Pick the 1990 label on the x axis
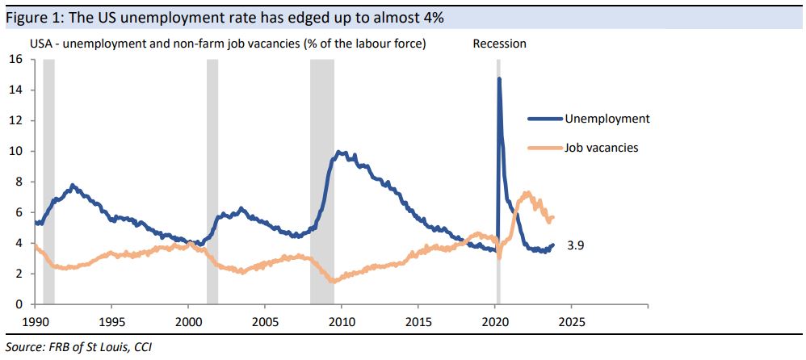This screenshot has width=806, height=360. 35,320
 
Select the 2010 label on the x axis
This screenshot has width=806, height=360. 341,320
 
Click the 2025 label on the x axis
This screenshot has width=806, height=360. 571,320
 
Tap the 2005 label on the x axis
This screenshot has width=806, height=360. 264,320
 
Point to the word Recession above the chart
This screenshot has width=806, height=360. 499,44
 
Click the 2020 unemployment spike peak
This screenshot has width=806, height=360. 499,79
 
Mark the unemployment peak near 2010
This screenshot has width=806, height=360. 340,152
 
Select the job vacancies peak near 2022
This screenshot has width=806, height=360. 527,193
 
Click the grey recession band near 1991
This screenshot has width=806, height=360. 48,182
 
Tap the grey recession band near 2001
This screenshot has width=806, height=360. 212,182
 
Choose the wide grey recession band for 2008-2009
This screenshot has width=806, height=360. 322,182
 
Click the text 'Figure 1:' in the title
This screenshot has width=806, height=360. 32,17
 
